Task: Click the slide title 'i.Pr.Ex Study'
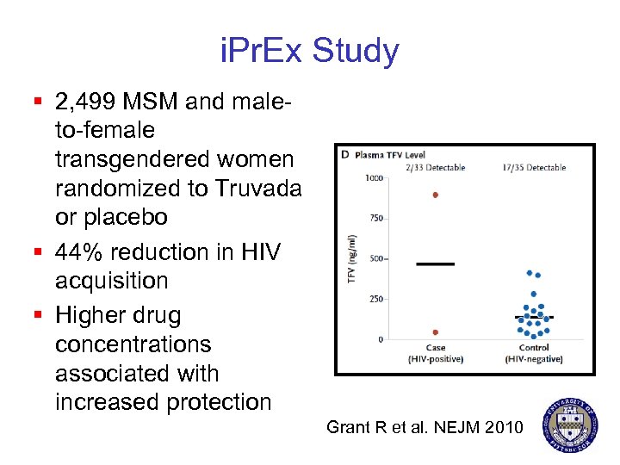coord(309,51)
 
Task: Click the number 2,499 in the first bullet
coord(85,102)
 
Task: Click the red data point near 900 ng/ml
coord(436,195)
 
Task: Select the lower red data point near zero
coord(436,332)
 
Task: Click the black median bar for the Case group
coord(436,263)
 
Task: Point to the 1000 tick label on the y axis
coord(373,178)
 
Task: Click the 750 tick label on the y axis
coord(375,219)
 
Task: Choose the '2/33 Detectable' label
coord(436,167)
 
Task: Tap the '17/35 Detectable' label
coord(534,167)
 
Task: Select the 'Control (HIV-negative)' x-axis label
coord(534,353)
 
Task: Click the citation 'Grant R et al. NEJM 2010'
coord(425,425)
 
